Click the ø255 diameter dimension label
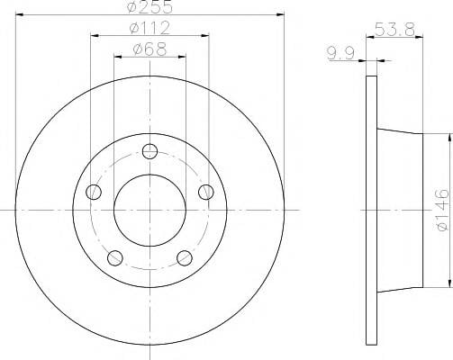tap(149, 6)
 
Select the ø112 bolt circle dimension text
tap(149, 28)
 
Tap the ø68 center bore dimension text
tap(149, 49)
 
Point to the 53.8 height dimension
tap(394, 30)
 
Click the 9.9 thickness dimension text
tap(340, 53)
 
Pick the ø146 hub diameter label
tap(442, 210)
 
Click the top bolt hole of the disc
tap(149, 151)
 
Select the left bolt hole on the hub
tap(94, 192)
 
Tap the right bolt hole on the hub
tap(206, 192)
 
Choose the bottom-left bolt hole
tap(115, 258)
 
